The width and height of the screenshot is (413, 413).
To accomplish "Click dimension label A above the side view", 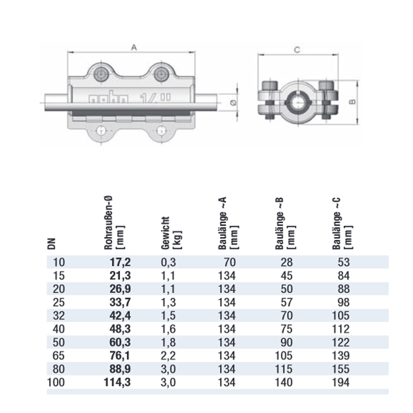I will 133,47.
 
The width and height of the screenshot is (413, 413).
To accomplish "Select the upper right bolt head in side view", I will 161,75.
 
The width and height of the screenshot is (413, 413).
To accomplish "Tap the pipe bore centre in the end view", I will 297,102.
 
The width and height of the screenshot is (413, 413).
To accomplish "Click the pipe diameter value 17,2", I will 120,262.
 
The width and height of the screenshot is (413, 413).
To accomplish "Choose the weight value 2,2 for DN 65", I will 168,356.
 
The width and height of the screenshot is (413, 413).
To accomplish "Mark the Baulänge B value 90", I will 285,342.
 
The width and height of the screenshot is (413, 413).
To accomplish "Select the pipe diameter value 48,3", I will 120,329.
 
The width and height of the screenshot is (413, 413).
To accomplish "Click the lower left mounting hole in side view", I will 100,131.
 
